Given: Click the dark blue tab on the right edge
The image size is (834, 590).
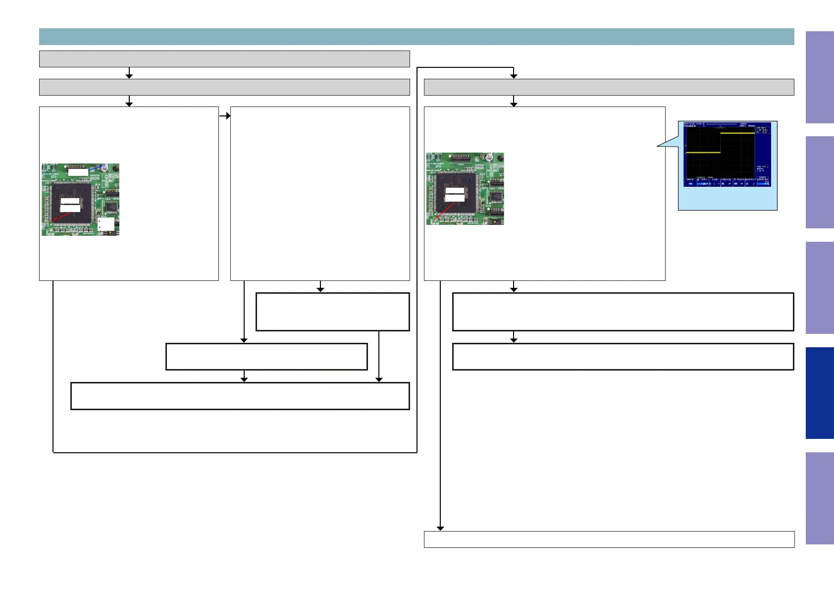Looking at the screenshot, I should click(x=820, y=393).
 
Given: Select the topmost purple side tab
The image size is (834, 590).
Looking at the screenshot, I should click(x=820, y=77).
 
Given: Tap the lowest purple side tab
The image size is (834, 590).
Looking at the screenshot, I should click(x=820, y=498).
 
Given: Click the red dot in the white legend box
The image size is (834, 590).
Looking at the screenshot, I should click(x=100, y=221).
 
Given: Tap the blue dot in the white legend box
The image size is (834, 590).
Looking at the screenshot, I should click(x=100, y=227).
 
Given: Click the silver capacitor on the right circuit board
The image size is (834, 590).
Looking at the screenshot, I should click(x=489, y=157).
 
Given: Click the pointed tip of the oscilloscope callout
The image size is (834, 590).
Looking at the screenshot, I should click(x=658, y=146).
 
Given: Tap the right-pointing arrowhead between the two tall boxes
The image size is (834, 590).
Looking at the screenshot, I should click(x=228, y=116).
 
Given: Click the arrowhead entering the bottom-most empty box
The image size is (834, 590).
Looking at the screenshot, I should click(x=440, y=529).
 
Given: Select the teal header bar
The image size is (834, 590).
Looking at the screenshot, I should click(x=416, y=37).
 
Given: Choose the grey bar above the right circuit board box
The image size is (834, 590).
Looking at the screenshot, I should click(x=609, y=87).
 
